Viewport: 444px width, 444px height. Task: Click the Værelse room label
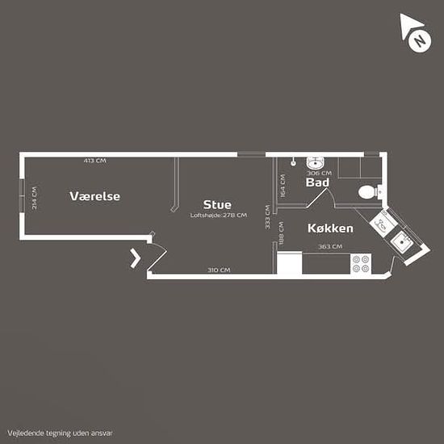point(95,196)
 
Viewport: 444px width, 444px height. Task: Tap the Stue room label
point(217,205)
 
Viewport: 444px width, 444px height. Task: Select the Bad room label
point(317,182)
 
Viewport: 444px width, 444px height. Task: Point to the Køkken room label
point(330,228)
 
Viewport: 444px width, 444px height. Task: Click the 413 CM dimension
point(95,161)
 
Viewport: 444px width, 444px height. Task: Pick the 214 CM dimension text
point(34,198)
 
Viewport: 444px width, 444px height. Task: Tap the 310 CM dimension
point(219,270)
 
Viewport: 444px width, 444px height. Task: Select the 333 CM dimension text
point(267,217)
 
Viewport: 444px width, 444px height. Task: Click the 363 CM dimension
point(330,247)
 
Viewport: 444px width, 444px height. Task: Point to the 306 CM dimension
point(319,173)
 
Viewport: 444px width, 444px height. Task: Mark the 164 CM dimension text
point(283,186)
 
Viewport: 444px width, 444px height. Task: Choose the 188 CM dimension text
point(281,233)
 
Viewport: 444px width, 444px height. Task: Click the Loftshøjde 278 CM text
point(219,216)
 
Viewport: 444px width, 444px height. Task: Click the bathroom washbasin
point(315,162)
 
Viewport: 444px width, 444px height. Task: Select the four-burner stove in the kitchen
point(361,263)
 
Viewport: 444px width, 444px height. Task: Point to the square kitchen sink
point(401,241)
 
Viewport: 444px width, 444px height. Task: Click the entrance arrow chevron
point(136,258)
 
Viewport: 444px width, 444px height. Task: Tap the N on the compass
point(420,41)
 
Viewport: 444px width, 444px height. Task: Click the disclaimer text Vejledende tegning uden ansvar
point(60,433)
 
